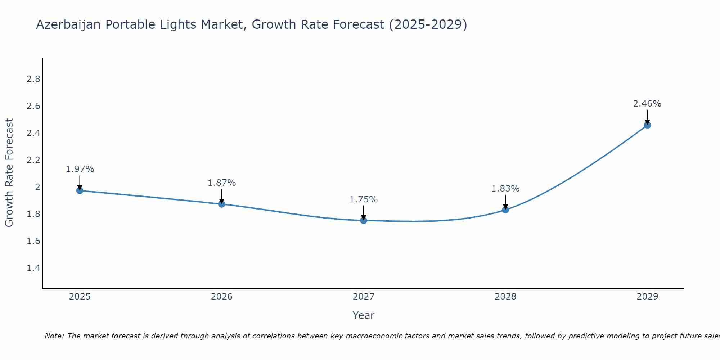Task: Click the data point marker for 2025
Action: click(80, 190)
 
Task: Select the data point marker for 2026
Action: click(222, 204)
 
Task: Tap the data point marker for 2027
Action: click(364, 220)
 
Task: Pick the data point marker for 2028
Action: click(505, 210)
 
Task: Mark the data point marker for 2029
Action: click(647, 125)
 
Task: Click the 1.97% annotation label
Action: click(80, 169)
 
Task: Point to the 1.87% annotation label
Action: click(222, 183)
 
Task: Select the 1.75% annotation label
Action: click(364, 199)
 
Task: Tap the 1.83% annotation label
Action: click(505, 189)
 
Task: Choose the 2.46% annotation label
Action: click(647, 104)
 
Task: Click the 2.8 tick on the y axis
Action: click(33, 79)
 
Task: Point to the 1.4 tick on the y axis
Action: click(33, 268)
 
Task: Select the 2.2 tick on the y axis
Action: click(33, 160)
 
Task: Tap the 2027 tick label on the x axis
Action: click(364, 297)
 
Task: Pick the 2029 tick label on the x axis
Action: click(647, 297)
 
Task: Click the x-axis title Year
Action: click(364, 315)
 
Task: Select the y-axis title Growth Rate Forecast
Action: click(9, 173)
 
